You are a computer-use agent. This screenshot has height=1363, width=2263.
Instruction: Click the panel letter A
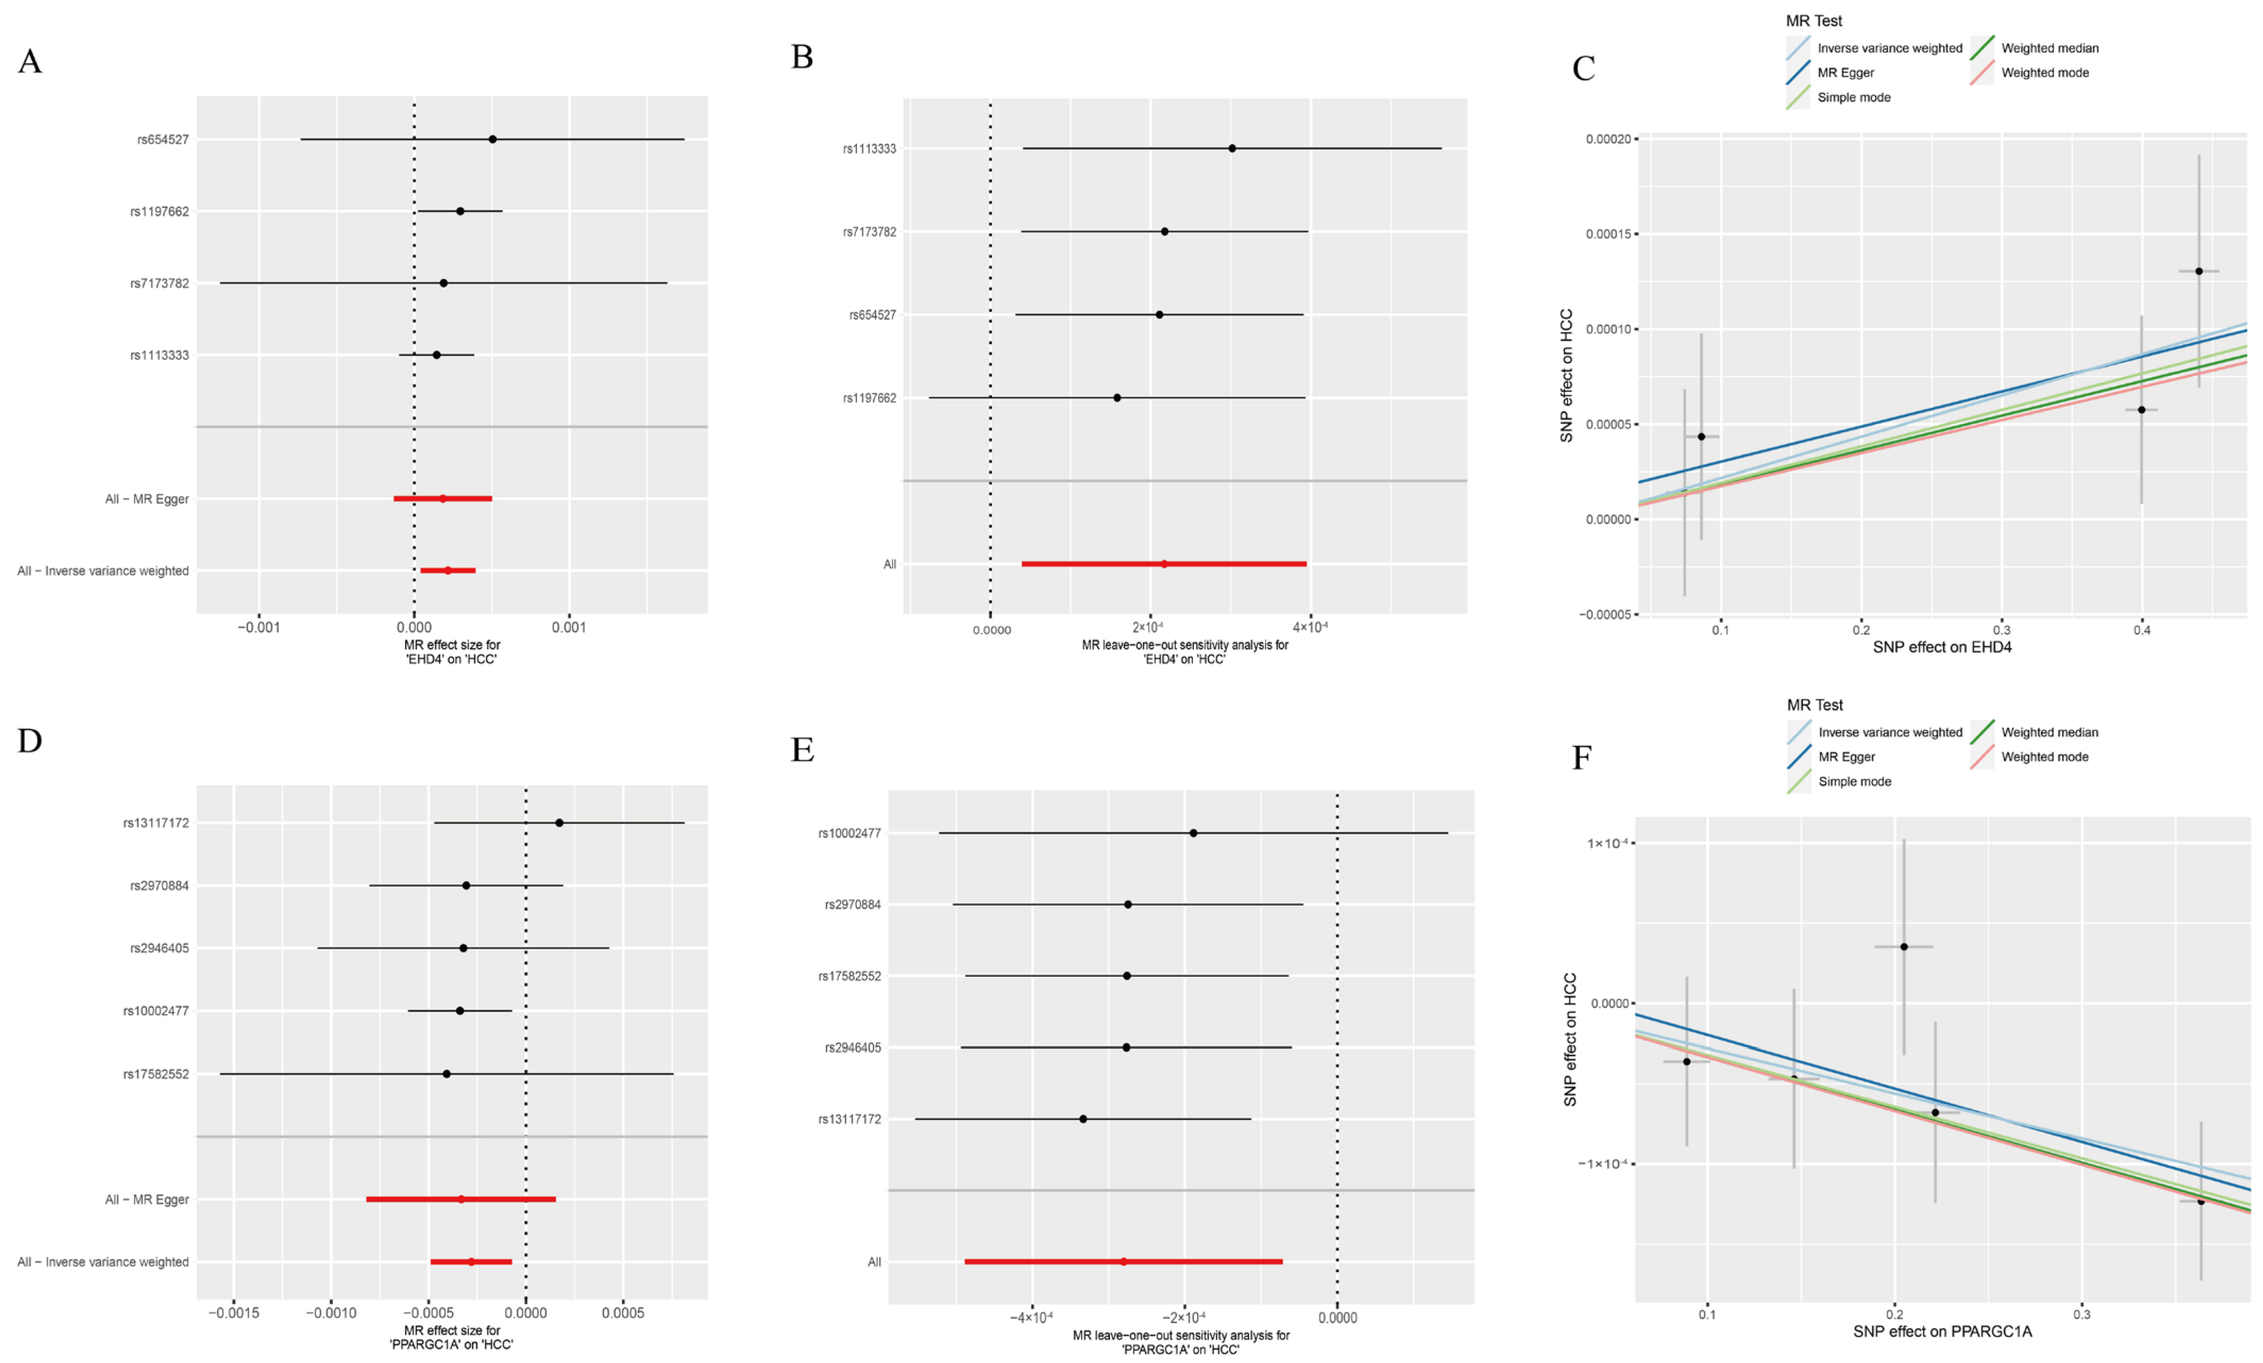(x=30, y=62)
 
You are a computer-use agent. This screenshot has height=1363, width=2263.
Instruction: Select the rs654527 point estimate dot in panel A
(x=492, y=140)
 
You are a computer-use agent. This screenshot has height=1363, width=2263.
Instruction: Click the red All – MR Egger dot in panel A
(x=442, y=499)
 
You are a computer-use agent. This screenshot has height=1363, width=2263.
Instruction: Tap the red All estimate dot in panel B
(x=1164, y=564)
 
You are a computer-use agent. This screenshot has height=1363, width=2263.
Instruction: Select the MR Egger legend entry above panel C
(x=1845, y=72)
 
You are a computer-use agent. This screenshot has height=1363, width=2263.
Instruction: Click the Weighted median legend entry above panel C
(x=2049, y=48)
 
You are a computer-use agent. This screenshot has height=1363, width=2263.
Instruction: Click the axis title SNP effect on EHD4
(x=1942, y=648)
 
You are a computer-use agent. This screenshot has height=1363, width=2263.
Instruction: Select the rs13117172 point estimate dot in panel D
(x=559, y=823)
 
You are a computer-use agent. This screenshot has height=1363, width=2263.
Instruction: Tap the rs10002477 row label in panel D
(x=156, y=1011)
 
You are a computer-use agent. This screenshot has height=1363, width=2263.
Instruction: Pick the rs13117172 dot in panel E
(x=1083, y=1119)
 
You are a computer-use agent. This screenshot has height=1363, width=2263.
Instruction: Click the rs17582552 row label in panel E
(x=849, y=976)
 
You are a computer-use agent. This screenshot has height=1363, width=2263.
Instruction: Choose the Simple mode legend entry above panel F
(x=1854, y=782)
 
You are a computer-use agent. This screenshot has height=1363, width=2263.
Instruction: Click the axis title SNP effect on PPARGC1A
(x=1942, y=1332)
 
